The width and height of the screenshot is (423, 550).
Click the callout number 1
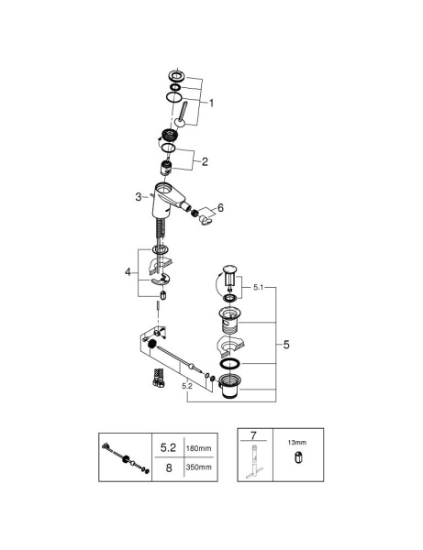tap(212, 104)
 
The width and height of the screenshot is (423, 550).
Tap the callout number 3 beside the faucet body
tap(138, 197)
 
